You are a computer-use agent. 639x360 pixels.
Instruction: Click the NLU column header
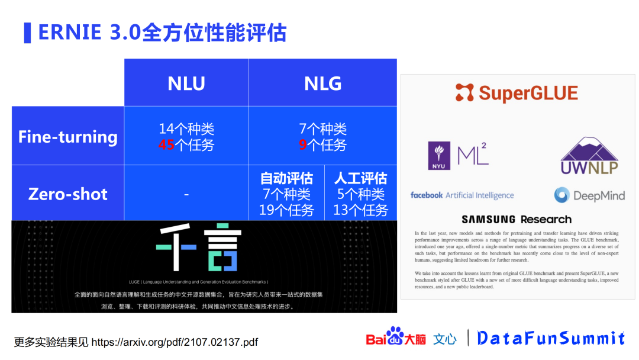[x=186, y=83]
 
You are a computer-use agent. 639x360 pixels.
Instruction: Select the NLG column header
[x=322, y=83]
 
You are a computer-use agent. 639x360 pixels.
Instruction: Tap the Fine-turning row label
[x=68, y=137]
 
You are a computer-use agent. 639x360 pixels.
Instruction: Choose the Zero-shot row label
[x=68, y=194]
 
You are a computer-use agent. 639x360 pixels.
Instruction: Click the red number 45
[x=166, y=145]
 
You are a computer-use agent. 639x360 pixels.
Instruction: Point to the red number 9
[x=302, y=145]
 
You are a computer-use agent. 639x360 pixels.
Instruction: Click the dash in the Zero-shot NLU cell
[x=186, y=194]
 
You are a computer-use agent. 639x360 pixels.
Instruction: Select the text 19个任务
[x=286, y=210]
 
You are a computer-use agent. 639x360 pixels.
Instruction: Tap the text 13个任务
[x=360, y=210]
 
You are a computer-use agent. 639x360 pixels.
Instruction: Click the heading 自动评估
[x=286, y=178]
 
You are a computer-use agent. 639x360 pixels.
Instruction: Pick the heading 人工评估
[x=360, y=178]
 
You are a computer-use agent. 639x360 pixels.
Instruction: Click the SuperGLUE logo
[x=517, y=93]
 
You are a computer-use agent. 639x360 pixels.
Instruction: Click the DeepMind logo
[x=589, y=195]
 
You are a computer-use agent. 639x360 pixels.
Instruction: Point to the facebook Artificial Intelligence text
[x=462, y=195]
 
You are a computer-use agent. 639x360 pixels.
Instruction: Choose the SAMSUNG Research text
[x=517, y=219]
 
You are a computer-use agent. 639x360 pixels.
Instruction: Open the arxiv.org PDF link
[x=175, y=342]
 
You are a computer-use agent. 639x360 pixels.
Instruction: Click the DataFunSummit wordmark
[x=551, y=338]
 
